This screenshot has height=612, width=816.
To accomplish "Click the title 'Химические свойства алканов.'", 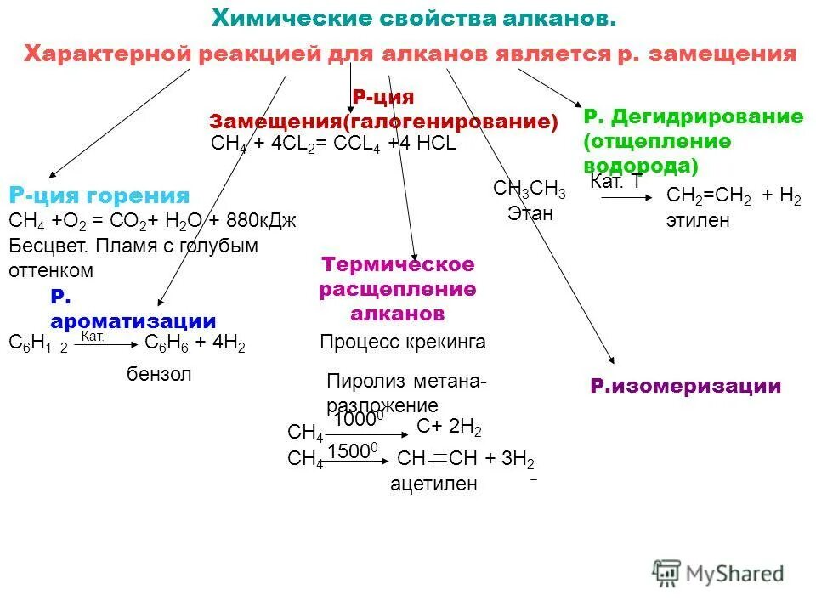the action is pyautogui.click(x=413, y=18).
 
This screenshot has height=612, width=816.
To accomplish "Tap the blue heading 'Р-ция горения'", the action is pyautogui.click(x=99, y=195).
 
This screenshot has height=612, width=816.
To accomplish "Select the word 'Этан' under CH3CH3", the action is pyautogui.click(x=530, y=213).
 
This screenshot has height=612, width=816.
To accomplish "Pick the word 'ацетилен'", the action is pyautogui.click(x=433, y=484).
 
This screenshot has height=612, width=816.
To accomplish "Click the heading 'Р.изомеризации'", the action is pyautogui.click(x=685, y=387).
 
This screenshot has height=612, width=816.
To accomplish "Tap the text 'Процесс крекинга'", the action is pyautogui.click(x=403, y=343).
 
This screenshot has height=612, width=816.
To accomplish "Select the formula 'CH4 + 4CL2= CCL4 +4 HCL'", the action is pyautogui.click(x=333, y=144).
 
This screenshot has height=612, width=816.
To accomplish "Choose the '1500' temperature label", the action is pyautogui.click(x=349, y=451).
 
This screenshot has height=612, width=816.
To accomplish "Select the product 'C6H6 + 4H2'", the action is pyautogui.click(x=195, y=344).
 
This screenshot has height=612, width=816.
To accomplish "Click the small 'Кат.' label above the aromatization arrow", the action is pyautogui.click(x=93, y=337).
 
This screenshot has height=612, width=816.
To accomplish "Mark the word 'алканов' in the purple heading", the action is pyautogui.click(x=398, y=314).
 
